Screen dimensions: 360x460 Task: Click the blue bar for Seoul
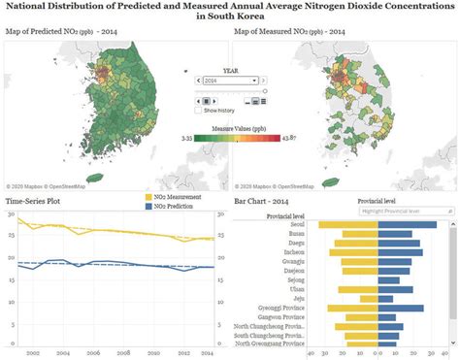[407, 225]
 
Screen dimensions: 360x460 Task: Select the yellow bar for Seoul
[347, 225]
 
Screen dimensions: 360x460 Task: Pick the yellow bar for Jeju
[369, 299]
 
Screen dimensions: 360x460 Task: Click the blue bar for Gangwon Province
[386, 318]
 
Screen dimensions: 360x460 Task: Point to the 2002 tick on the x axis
[32, 353]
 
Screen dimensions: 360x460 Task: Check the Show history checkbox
[199, 111]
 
